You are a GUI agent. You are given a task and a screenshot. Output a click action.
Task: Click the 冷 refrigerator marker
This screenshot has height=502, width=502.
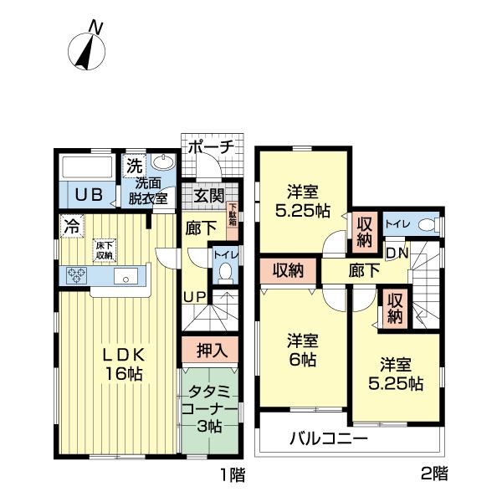pos(71,225)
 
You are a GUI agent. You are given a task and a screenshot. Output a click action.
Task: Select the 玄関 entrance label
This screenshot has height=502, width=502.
pos(209,197)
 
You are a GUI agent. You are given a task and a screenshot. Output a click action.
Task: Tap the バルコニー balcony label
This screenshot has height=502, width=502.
pos(329,438)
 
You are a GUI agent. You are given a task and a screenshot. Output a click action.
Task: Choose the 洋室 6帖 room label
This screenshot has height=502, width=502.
pos(302,351)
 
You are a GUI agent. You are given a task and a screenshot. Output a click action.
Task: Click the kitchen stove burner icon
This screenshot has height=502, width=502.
pos(76,277)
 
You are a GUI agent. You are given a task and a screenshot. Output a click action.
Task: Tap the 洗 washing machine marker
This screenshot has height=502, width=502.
pos(134,166)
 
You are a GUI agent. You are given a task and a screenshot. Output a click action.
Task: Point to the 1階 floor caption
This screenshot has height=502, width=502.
pos(232,476)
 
